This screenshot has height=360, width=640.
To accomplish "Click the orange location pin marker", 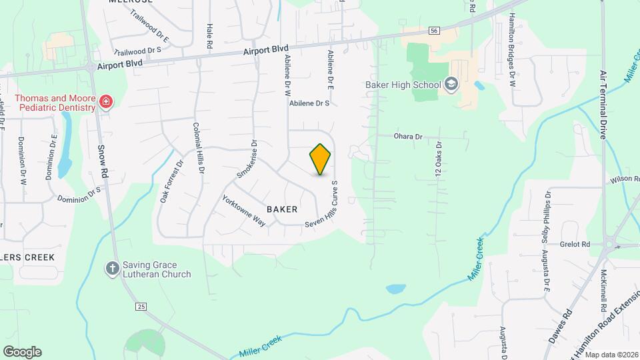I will click(321, 159).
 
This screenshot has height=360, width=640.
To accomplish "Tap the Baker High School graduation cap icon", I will click(451, 84).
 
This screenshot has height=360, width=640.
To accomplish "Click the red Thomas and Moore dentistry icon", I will click(105, 102).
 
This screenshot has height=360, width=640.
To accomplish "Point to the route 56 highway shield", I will click(434, 31).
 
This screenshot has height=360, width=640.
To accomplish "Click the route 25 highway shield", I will click(141, 306).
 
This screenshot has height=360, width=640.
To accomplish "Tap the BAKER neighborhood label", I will click(282, 209).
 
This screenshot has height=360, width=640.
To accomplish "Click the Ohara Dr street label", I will click(408, 137).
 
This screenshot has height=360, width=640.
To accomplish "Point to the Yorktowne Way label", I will click(244, 211).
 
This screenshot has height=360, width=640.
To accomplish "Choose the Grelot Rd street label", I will click(575, 245).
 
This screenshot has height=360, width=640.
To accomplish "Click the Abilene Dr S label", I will click(309, 103).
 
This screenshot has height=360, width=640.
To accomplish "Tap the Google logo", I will click(22, 351).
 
